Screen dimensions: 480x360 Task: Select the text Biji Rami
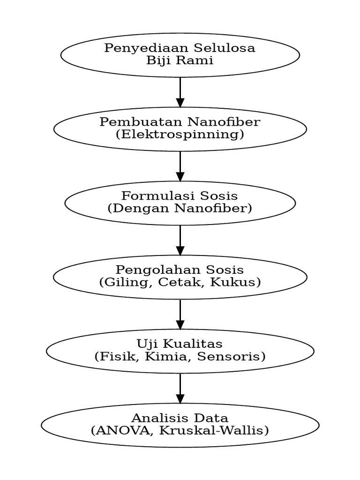pos(180,60)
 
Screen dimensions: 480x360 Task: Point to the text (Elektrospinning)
pos(180,135)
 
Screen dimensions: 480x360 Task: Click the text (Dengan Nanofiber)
pos(180,208)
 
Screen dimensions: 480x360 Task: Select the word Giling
pos(120,282)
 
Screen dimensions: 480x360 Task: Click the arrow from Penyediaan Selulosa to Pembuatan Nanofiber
pos(180,92)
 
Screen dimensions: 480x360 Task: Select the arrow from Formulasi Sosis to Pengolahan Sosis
pos(180,240)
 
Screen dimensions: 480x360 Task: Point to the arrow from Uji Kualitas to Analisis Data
pos(180,389)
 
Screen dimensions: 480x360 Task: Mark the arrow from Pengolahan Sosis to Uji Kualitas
pos(180,315)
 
